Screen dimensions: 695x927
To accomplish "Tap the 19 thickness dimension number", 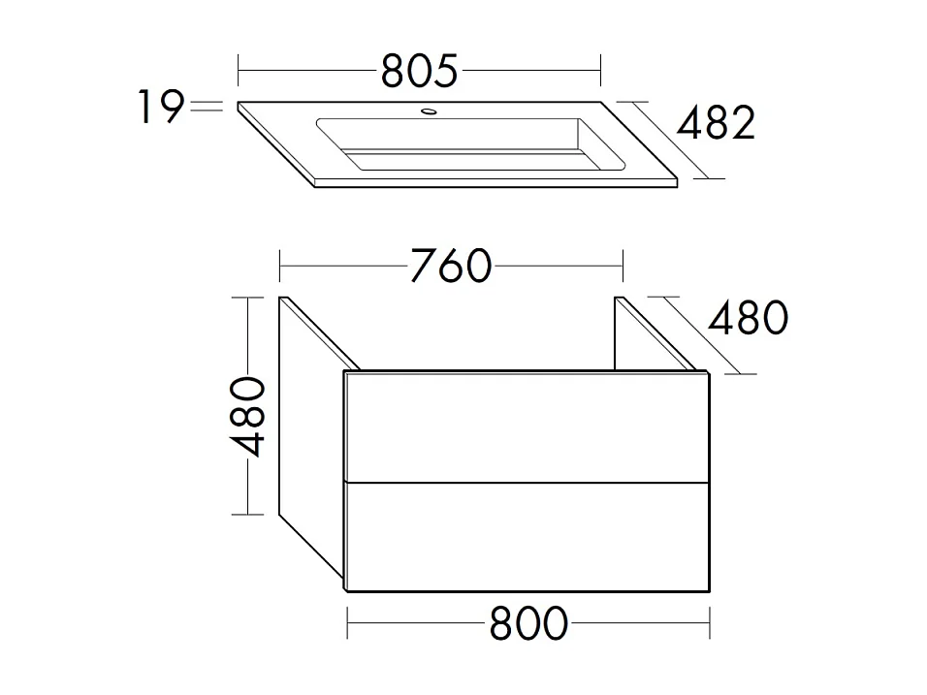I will [158, 108].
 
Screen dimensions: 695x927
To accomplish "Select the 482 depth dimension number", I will [715, 124].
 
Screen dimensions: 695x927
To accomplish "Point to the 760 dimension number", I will [450, 267].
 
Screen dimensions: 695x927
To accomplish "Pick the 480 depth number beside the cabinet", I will [747, 317].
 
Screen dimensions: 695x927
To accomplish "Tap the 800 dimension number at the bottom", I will [528, 624].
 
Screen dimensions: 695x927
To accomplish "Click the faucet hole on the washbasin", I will [427, 113].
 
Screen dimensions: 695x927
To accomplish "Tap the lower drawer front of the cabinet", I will [527, 537].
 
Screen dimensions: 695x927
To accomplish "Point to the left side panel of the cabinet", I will [310, 436].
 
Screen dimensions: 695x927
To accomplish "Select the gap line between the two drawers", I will [527, 482].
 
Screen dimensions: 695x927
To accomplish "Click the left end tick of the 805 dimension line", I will [239, 70].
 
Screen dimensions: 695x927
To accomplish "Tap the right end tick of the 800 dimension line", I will [711, 623].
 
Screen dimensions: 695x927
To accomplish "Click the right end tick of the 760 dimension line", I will [622, 265].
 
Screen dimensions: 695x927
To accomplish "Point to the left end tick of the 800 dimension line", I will [348, 623].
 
